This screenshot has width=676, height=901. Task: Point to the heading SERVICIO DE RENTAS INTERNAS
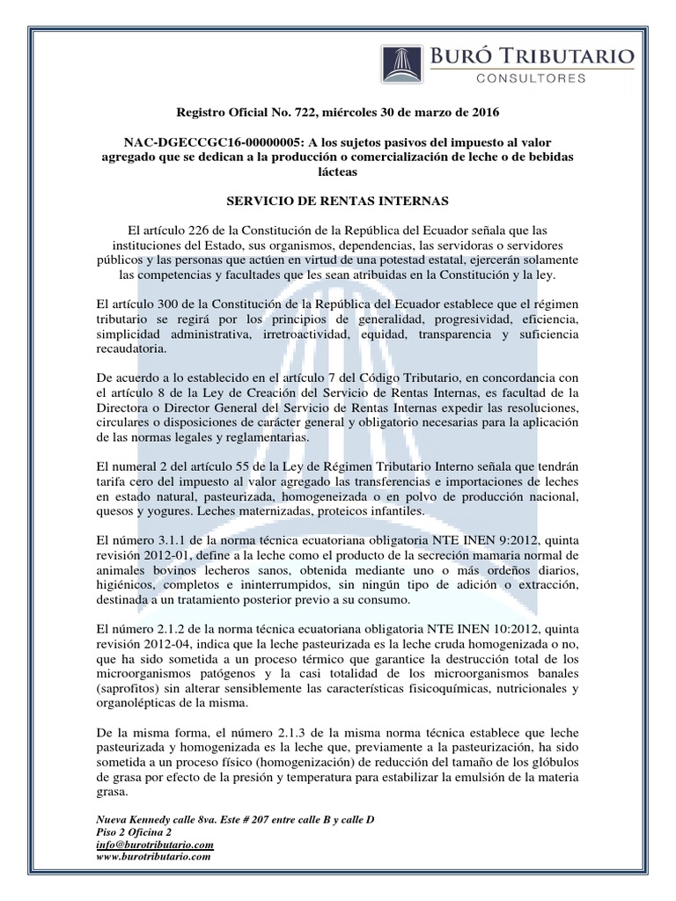pos(337,201)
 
